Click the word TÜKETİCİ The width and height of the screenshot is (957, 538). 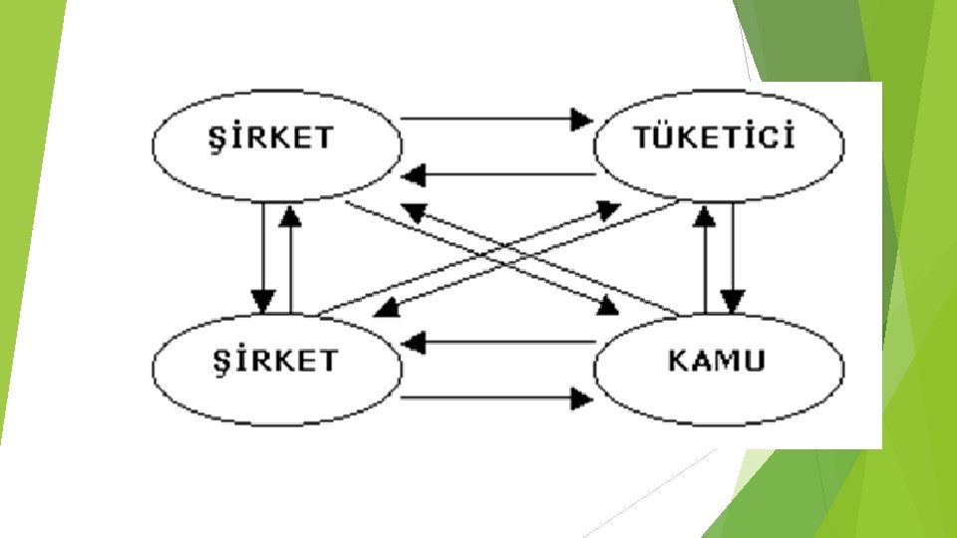716,138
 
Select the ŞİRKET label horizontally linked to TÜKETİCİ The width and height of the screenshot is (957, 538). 277,138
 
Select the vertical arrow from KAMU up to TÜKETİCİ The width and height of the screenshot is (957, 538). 705,259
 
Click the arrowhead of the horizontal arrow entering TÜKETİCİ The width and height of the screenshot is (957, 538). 581,120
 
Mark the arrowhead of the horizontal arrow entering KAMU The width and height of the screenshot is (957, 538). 581,400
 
